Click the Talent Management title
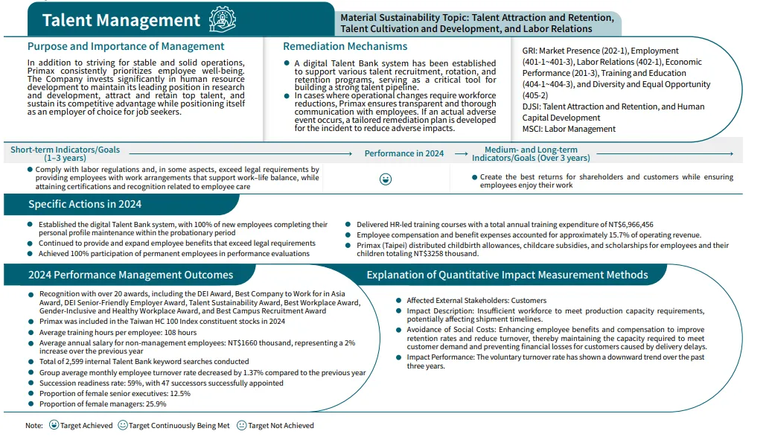(x=121, y=20)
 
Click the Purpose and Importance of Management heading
(x=126, y=46)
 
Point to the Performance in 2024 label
(x=403, y=153)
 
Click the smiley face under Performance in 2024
(x=386, y=179)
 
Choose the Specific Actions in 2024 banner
(x=85, y=204)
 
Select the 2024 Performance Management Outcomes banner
(x=130, y=275)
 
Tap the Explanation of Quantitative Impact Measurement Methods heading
(x=507, y=275)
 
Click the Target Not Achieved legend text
(x=281, y=426)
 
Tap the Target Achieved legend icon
(x=54, y=426)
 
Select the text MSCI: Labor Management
(x=569, y=129)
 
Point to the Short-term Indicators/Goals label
(x=65, y=150)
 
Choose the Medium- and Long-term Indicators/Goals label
(x=531, y=153)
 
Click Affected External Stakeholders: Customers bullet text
(x=476, y=301)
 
